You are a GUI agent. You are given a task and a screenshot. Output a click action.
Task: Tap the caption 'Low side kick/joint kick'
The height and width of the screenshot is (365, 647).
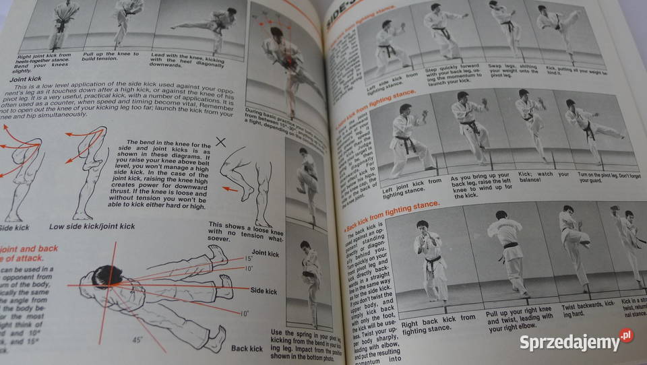click(x=93, y=227)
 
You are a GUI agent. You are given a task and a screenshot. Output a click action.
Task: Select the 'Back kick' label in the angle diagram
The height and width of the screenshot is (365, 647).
click(x=247, y=349)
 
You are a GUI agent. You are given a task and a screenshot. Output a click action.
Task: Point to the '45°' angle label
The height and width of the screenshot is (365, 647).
click(x=137, y=340)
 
